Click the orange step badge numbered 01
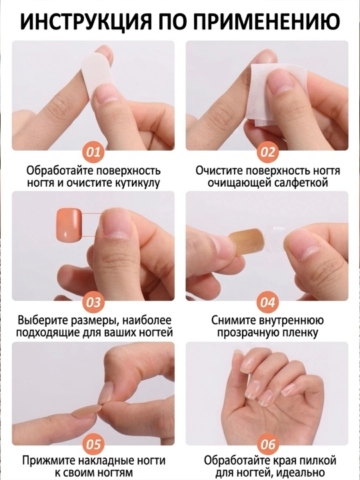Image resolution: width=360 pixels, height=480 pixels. tap(93, 152)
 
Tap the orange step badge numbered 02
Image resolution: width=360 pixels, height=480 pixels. tap(267, 152)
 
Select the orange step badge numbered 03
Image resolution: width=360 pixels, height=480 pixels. tap(93, 302)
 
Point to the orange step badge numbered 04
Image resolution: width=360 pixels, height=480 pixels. tap(267, 302)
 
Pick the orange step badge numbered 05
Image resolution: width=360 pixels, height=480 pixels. tap(93, 444)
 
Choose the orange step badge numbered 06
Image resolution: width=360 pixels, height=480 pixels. tap(267, 444)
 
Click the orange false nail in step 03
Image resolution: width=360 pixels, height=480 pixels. tap(69, 224)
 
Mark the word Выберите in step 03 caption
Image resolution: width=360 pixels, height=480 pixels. tap(43, 321)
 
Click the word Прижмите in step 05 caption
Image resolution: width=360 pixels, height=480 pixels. tap(49, 461)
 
